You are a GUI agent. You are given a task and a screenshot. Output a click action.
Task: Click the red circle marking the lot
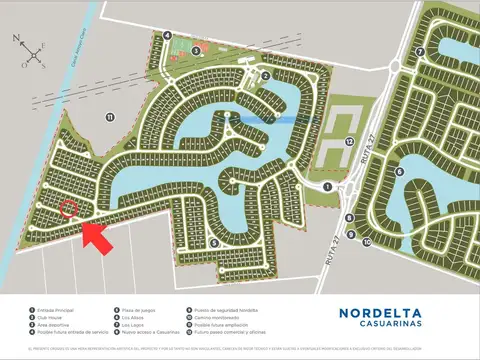coord(69,208)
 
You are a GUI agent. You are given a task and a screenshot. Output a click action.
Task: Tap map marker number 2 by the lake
coord(265,75)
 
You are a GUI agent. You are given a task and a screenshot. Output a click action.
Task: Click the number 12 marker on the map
coord(348,143)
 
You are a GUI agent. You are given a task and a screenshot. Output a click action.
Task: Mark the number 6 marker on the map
coord(398,170)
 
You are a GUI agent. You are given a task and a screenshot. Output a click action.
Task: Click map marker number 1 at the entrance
coord(327,186)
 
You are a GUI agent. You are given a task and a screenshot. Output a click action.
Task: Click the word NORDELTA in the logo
coord(394,313)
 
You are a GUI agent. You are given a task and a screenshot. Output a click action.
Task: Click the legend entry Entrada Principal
coord(56,311)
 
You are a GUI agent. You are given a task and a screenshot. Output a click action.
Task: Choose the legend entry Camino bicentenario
coord(214,318)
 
